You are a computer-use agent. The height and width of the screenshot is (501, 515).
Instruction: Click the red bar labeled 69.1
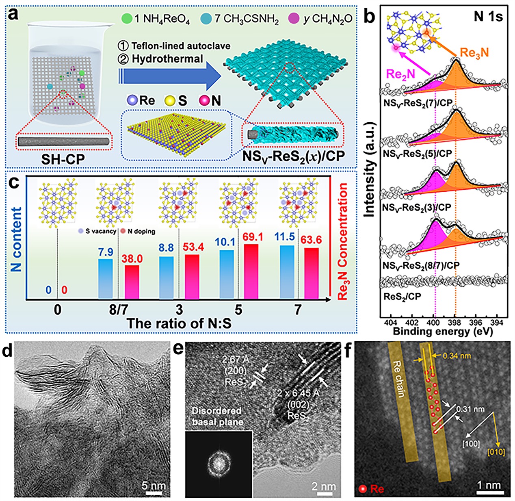pos(251,271)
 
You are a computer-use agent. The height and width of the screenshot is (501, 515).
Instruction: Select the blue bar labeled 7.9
pos(106,278)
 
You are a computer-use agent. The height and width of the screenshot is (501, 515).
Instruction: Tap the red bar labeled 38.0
pos(132,282)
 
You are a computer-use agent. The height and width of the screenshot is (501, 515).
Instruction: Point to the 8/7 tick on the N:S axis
pos(118,310)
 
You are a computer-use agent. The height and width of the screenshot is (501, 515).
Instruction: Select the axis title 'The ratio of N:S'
pos(179,323)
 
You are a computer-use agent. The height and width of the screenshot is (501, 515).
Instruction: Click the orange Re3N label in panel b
pos(474,52)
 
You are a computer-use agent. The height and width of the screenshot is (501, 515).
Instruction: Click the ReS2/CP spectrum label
pos(402,296)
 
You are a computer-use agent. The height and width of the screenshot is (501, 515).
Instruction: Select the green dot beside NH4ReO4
pos(127,19)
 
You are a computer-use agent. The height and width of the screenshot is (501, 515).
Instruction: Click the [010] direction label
pos(496,451)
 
